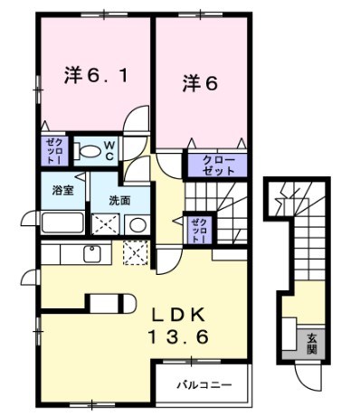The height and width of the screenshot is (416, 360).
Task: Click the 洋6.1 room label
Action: [94, 78]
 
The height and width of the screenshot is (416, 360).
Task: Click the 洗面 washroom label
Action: [119, 199]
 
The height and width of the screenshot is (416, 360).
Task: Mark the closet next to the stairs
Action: [198, 230]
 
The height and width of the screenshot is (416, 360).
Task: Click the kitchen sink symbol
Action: [92, 254]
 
